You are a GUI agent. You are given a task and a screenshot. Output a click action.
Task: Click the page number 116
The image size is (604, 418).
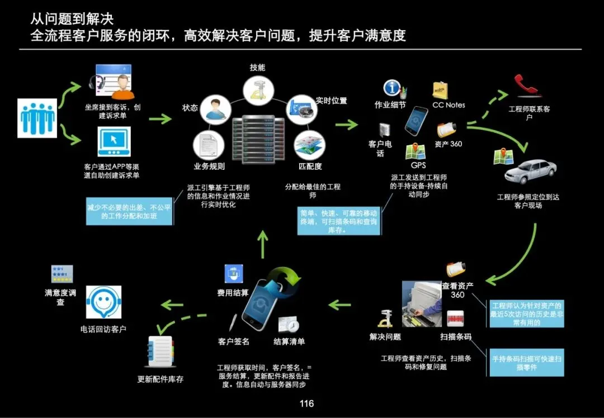(x=306, y=403)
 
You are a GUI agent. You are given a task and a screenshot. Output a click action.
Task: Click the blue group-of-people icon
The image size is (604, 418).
(x=37, y=118)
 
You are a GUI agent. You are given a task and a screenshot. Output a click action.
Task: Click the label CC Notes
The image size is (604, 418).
(x=449, y=104)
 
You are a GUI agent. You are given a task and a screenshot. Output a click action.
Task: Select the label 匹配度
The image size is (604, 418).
(x=310, y=166)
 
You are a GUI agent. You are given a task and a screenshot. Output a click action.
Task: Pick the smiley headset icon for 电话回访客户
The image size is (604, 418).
(x=103, y=302)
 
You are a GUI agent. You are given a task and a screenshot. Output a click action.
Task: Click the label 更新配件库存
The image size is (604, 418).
(x=161, y=379)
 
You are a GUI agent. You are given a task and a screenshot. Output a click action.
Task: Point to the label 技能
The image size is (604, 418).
(x=257, y=68)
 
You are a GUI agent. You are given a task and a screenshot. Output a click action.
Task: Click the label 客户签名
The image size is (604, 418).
(x=233, y=341)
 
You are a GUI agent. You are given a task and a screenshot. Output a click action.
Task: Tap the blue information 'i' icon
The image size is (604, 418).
(x=392, y=88)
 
